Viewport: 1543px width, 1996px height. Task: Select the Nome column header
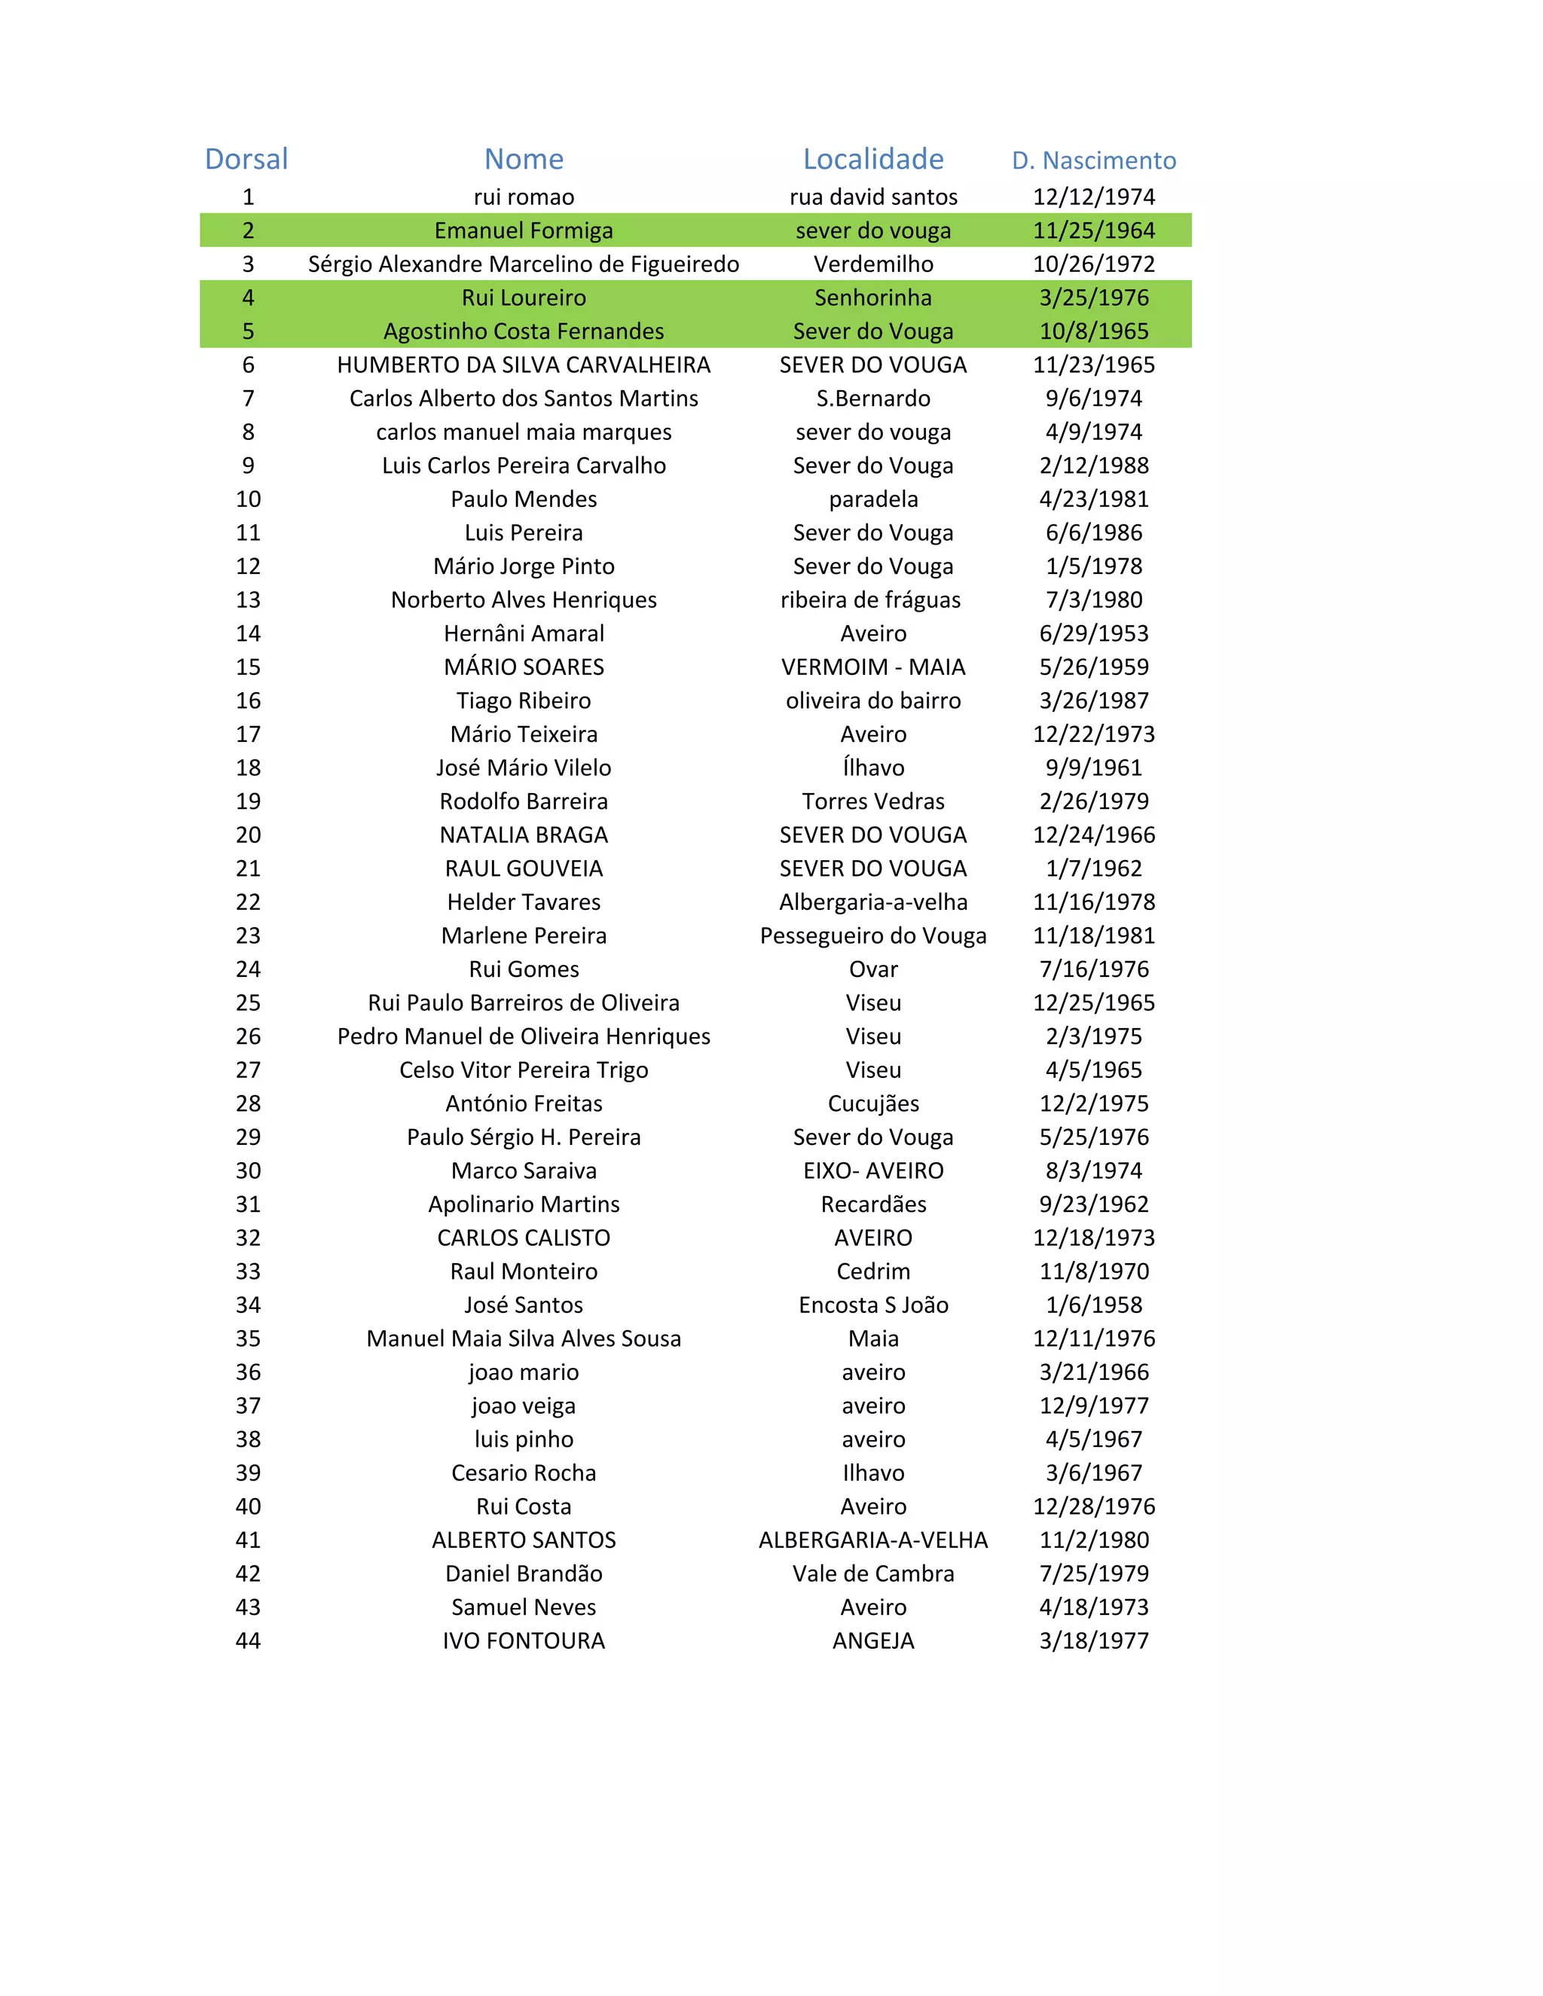tap(524, 159)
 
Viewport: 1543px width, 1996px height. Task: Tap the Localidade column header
tap(873, 159)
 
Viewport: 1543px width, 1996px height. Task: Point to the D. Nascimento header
tap(1093, 161)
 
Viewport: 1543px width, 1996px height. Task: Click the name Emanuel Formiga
tap(524, 230)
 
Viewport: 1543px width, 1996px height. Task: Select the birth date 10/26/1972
tap(1093, 264)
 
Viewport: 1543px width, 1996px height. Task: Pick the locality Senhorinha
tap(873, 298)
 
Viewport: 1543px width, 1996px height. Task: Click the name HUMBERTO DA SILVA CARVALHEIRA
tap(524, 365)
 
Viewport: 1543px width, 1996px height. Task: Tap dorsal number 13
tap(248, 600)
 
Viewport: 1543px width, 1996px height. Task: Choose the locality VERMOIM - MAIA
tap(873, 667)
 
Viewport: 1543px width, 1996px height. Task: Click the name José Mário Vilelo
tap(524, 768)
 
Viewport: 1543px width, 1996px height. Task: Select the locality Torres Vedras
tap(873, 801)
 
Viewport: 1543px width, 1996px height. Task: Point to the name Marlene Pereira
tap(524, 935)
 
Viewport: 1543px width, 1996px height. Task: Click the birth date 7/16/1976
tap(1093, 969)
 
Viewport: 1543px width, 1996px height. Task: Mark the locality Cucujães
tap(873, 1103)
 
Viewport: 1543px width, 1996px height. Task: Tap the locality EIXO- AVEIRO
tap(873, 1170)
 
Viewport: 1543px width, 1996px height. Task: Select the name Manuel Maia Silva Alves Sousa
tap(524, 1339)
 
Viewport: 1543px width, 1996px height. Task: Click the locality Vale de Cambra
tap(873, 1573)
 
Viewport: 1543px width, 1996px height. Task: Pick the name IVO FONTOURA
tap(524, 1640)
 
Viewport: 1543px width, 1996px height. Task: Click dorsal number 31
tap(248, 1204)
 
